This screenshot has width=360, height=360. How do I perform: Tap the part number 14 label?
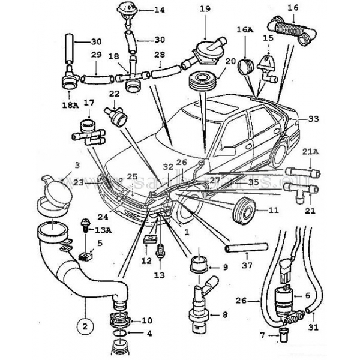point(159,10)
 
